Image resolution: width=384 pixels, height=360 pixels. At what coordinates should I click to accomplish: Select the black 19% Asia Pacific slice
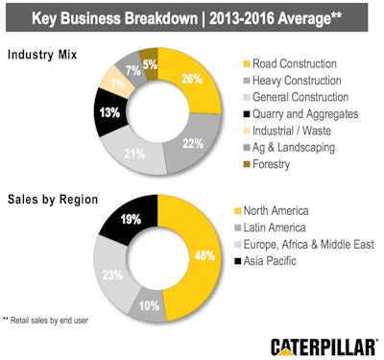click(128, 219)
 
